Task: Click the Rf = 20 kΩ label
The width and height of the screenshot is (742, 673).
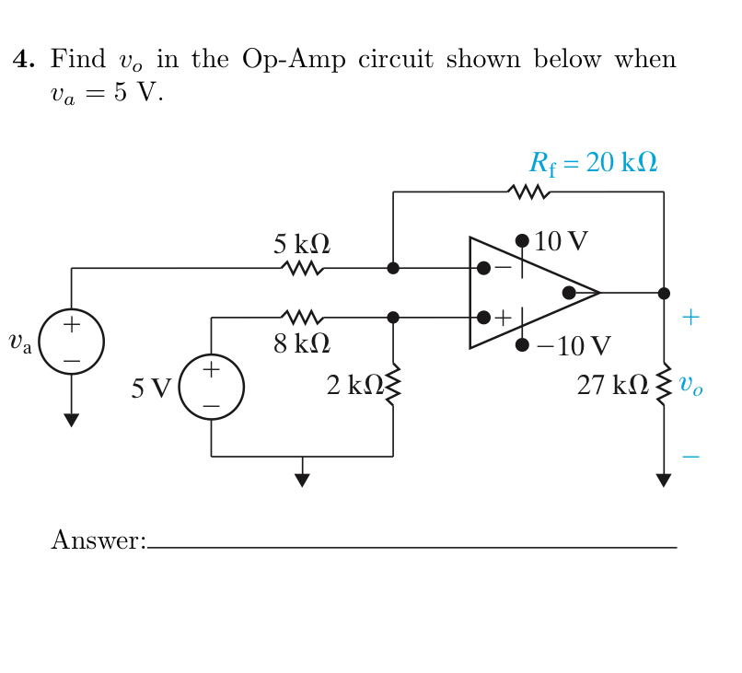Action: click(593, 164)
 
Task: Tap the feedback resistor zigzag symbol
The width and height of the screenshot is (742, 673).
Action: click(528, 192)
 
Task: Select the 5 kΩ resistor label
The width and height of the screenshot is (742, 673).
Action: click(301, 245)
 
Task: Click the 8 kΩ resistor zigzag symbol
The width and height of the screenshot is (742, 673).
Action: click(302, 318)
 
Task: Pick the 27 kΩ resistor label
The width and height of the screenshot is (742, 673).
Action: click(612, 386)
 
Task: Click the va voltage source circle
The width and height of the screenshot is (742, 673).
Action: click(71, 342)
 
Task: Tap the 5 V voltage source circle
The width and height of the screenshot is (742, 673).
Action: click(211, 387)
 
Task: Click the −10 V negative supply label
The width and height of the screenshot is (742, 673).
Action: click(573, 346)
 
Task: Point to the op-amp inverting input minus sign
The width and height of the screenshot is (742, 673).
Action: click(503, 267)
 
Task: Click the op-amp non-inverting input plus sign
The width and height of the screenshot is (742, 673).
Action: click(503, 319)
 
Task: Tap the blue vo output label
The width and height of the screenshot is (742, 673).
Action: click(690, 386)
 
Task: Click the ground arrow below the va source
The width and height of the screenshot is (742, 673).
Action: click(71, 420)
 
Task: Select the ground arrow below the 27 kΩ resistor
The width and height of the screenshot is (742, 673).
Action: click(664, 480)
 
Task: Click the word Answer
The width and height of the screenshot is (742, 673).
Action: click(98, 540)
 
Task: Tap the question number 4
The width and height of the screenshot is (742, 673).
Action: click(23, 61)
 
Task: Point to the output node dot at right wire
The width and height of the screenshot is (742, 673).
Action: click(664, 293)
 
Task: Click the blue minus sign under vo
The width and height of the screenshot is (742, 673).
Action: click(690, 456)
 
